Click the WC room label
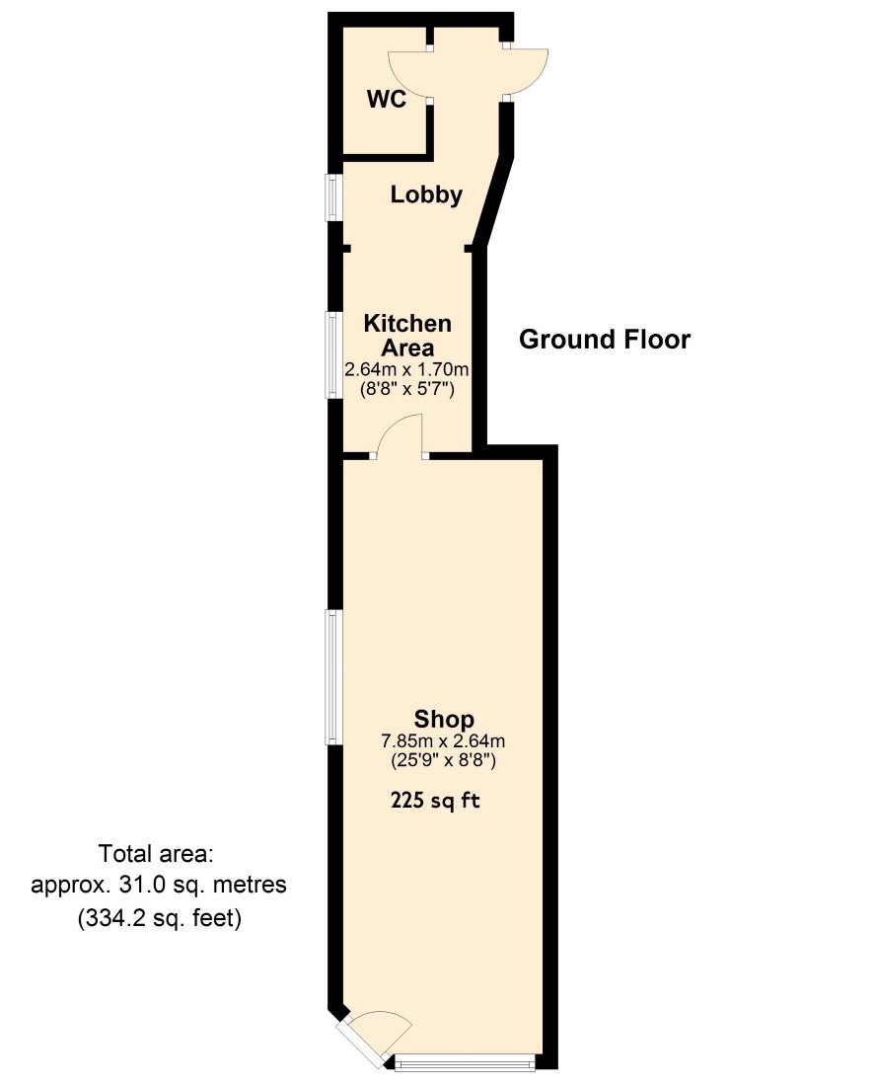(x=386, y=99)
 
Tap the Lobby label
(x=426, y=194)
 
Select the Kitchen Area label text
(x=407, y=336)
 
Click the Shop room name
(x=444, y=720)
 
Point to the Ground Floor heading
(x=605, y=340)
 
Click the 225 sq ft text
(x=435, y=801)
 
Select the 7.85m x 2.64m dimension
(x=444, y=741)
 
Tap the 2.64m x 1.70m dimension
(x=406, y=369)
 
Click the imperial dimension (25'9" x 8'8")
(x=444, y=760)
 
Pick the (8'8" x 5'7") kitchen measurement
(x=406, y=389)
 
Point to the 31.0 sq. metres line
(x=159, y=886)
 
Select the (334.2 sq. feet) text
(x=160, y=919)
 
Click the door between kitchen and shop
(x=400, y=437)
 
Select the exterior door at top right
(x=525, y=71)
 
